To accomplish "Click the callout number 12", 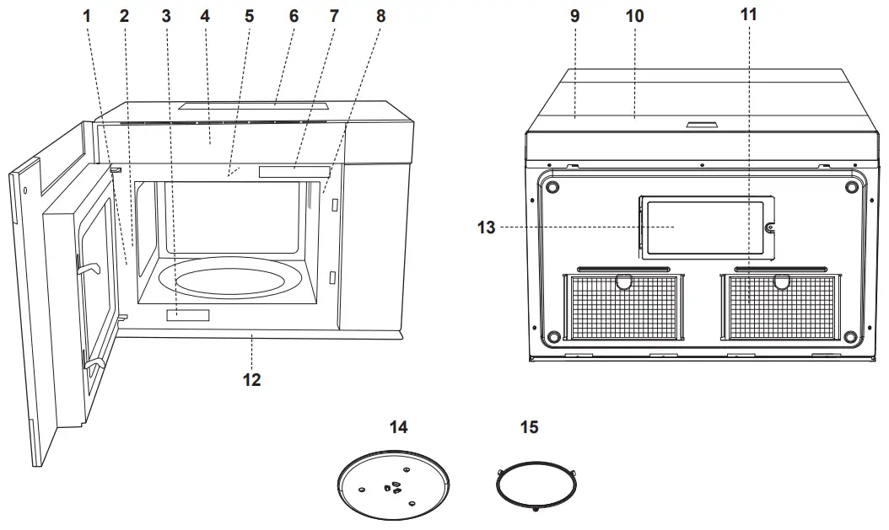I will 251,380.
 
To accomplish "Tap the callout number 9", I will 575,15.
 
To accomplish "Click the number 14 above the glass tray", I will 398,427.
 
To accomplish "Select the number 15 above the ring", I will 528,427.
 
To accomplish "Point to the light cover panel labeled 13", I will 704,227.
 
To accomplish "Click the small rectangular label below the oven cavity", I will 187,315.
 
